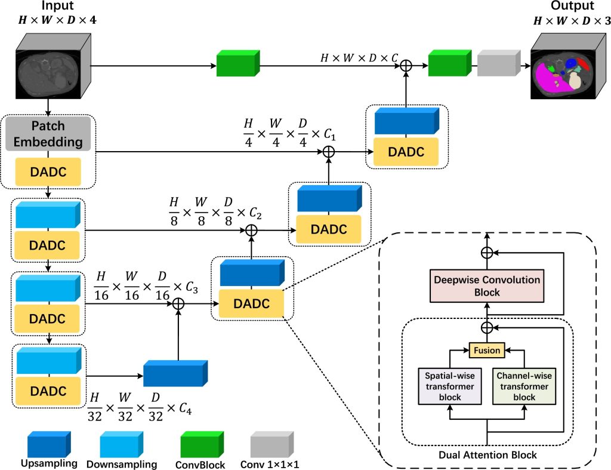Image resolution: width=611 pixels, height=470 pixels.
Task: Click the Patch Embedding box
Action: point(47,134)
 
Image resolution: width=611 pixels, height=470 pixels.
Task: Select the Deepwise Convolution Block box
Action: point(487,286)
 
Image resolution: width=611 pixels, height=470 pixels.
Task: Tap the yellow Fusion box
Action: point(487,351)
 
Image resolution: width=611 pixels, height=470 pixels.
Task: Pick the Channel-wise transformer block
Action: point(524,386)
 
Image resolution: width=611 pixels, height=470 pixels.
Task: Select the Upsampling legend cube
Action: point(48,443)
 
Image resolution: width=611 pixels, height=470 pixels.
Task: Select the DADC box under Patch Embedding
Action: point(47,171)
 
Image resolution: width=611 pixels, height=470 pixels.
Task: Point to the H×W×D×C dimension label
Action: point(359,59)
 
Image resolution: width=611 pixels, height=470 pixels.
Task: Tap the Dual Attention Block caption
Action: point(487,455)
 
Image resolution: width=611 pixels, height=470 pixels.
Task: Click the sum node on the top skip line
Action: point(406,65)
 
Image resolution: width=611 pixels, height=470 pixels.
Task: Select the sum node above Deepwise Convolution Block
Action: point(487,253)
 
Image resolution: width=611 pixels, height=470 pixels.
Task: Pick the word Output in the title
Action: point(571,7)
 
